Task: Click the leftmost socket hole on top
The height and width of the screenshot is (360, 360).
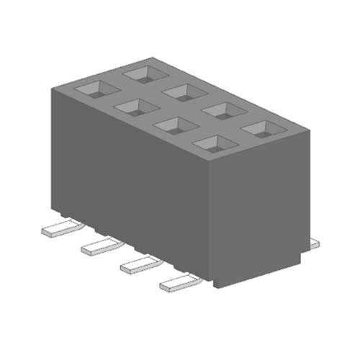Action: (96, 89)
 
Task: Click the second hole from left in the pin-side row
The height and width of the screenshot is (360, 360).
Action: (135, 107)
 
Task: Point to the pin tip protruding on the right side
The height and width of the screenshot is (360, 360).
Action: (313, 246)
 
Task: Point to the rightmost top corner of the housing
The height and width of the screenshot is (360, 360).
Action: (310, 130)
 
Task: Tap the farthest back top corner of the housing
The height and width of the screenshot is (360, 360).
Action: (152, 57)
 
